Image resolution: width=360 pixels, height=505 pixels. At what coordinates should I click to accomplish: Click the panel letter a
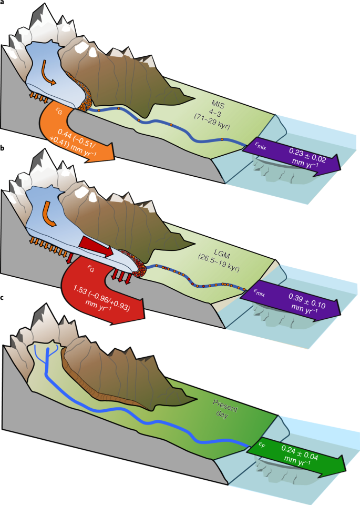pos(3,3)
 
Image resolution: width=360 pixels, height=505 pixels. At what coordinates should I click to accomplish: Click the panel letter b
pos(3,150)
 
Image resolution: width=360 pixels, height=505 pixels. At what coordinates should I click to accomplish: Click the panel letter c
pos(3,298)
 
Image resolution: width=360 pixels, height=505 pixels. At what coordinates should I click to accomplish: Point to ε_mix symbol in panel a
pos(258,147)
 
